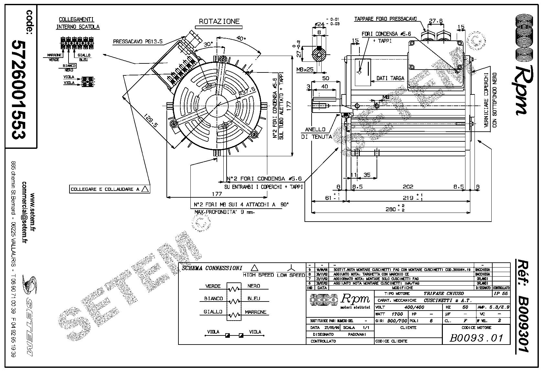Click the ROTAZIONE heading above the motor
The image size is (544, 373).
(x=219, y=22)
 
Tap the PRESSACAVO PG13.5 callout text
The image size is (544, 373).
(x=138, y=42)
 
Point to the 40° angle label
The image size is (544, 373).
(x=241, y=38)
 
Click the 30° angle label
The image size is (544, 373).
(x=208, y=44)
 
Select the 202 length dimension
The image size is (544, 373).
(x=408, y=187)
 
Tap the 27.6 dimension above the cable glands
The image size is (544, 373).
(x=435, y=21)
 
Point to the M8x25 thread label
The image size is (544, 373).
(x=305, y=70)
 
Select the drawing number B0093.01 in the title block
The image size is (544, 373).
(x=476, y=338)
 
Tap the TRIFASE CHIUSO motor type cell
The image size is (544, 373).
(x=443, y=293)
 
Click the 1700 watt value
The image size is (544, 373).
(x=397, y=314)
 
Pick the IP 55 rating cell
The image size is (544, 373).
(x=501, y=293)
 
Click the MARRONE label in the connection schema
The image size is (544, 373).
(x=255, y=312)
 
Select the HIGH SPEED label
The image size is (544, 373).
(x=258, y=275)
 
